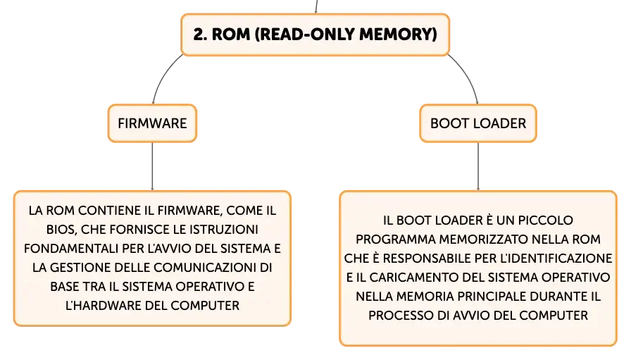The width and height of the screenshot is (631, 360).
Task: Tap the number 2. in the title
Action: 200,35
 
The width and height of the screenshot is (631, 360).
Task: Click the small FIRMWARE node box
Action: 152,123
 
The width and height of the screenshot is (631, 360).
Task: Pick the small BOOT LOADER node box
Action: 478,123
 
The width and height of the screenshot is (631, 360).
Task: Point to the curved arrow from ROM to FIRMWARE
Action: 162,75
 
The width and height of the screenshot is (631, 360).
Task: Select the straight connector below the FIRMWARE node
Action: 152,166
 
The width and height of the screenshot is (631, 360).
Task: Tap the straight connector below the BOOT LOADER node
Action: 478,166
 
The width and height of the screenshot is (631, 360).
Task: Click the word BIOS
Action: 61,230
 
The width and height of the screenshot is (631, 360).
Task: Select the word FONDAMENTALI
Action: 71,249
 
